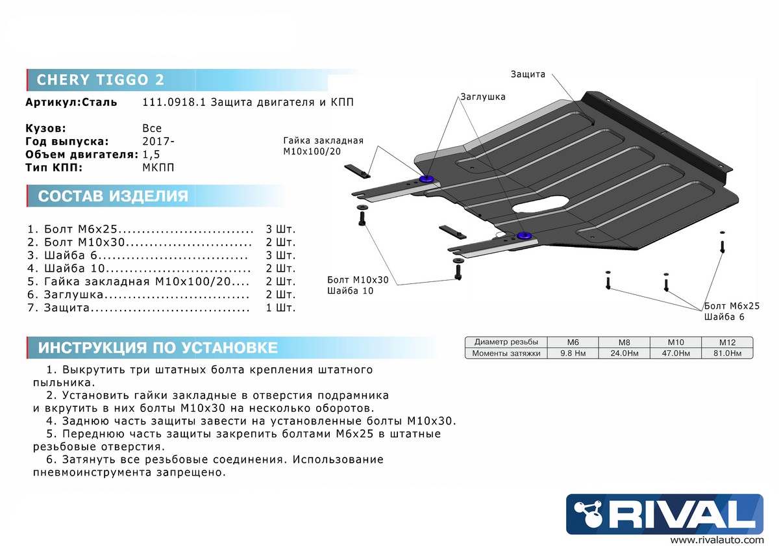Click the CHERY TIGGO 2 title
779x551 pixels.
tap(100, 80)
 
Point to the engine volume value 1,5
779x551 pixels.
tap(151, 154)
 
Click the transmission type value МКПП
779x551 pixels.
tap(158, 167)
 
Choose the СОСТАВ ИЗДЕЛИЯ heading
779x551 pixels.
tap(113, 196)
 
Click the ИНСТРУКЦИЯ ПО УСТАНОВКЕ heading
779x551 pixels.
tap(158, 348)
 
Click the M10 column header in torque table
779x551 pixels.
tap(675, 342)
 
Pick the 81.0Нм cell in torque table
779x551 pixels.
tap(727, 353)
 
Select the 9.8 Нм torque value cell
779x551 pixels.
tap(573, 353)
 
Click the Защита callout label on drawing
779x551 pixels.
tap(528, 75)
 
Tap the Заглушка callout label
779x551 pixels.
tap(482, 96)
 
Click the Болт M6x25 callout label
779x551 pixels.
tap(731, 305)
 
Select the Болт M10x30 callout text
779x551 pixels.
tap(358, 279)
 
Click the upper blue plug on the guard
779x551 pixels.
tap(427, 179)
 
